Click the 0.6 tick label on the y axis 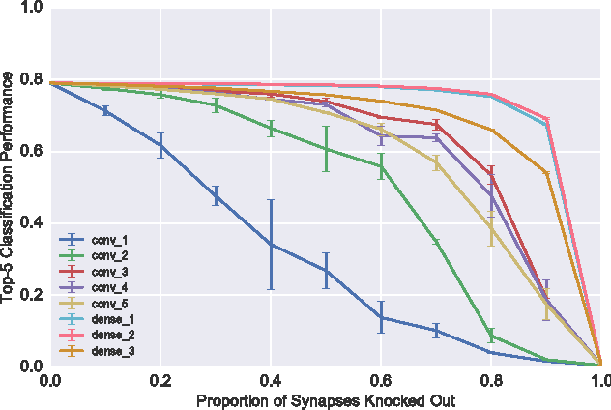click(x=30, y=152)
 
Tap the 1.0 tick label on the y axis click(x=30, y=9)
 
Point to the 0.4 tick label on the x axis click(x=271, y=381)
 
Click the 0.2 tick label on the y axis click(x=30, y=295)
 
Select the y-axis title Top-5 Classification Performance click(x=9, y=188)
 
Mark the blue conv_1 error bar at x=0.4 click(x=271, y=245)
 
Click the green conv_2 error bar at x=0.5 click(x=327, y=149)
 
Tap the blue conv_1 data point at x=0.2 click(x=160, y=146)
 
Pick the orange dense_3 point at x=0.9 click(x=547, y=173)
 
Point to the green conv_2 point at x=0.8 click(x=492, y=336)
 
